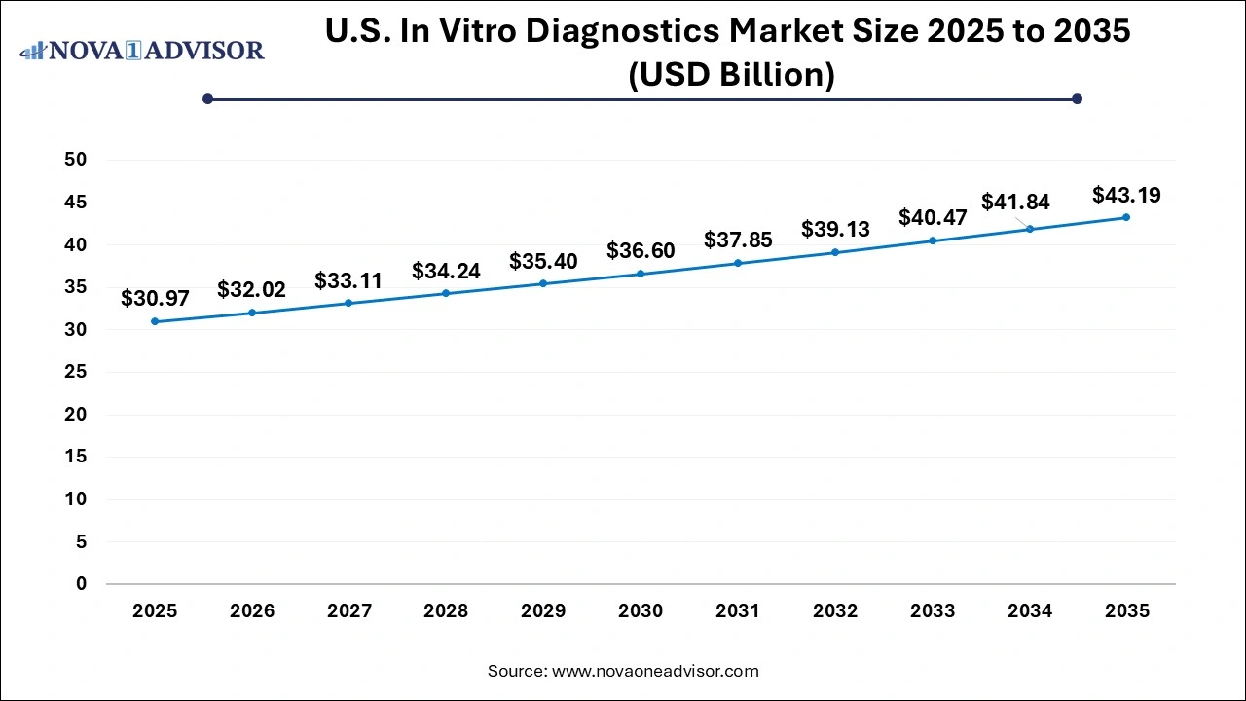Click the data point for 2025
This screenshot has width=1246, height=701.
pos(154,321)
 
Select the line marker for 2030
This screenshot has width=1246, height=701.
pos(641,274)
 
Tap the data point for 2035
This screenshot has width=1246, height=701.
pos(1126,217)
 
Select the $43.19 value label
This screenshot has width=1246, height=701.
pos(1126,195)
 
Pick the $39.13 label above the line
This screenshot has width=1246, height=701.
pos(835,229)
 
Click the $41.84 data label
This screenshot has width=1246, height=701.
pos(1015,202)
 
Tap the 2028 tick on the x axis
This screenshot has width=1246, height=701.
pos(446,611)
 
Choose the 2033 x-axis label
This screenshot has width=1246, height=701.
pos(933,611)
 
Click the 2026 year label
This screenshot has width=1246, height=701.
pos(251,611)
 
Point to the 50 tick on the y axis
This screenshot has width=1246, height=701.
pos(76,160)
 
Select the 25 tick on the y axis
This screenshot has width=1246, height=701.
pos(76,372)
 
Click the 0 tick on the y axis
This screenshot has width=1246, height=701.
pos(82,584)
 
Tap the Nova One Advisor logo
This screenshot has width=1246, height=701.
pos(141,50)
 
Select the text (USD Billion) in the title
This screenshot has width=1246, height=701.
pos(731,75)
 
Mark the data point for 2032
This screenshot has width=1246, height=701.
pos(835,252)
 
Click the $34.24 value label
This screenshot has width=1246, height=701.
pos(446,271)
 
